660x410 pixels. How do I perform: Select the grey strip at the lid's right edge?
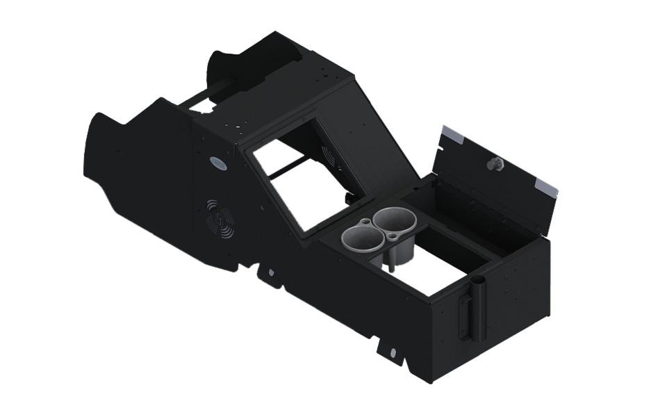pos(547,186)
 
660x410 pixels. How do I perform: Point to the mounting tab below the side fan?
pos(270,274)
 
